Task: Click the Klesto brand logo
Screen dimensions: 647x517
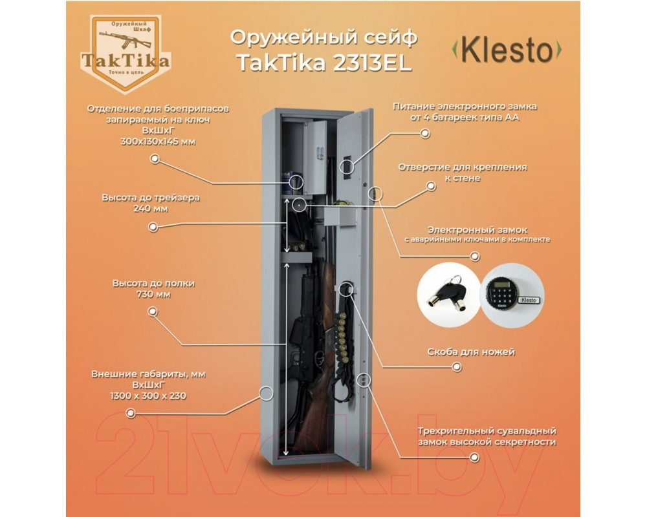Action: [507, 50]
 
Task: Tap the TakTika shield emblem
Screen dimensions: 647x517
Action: [125, 52]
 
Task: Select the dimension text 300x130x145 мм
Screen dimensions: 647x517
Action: [158, 142]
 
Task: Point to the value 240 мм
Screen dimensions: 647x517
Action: [151, 209]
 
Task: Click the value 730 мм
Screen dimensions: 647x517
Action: [153, 295]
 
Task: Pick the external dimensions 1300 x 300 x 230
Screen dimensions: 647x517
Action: [148, 396]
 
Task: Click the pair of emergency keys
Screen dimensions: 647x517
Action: [448, 292]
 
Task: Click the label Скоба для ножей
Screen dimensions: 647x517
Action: [471, 352]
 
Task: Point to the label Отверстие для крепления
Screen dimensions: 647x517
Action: [462, 167]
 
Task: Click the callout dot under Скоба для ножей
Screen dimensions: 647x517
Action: [457, 366]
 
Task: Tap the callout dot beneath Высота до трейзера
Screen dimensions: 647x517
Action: [153, 227]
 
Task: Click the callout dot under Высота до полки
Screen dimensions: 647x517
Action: [153, 311]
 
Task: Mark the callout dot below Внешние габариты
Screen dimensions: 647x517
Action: [131, 413]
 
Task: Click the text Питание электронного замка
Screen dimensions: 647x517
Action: [465, 107]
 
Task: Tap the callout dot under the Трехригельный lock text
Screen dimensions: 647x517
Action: [475, 457]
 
